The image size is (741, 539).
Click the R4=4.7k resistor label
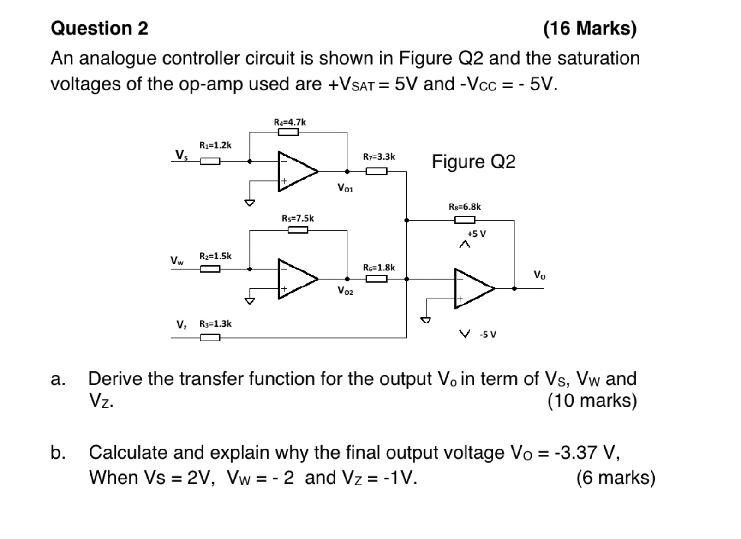coord(289,122)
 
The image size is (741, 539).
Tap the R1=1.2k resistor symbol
coord(209,161)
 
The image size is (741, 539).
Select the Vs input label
coord(181,154)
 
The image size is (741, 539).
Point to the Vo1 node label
coord(345,188)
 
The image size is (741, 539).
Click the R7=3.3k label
coord(379,157)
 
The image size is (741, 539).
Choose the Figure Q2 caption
coord(473,162)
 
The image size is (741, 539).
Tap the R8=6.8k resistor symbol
coord(465,220)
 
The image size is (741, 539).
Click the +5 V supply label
coord(476,234)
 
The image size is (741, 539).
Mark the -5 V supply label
coord(488,334)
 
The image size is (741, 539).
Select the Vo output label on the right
coord(539,275)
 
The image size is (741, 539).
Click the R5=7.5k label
coord(298,218)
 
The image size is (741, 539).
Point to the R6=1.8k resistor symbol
coord(376,279)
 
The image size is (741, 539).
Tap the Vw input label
coord(177,261)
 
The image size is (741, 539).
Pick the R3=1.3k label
coord(215,323)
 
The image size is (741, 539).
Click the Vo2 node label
coord(345,291)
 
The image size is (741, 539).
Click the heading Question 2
coord(99,28)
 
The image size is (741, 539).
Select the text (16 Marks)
coord(590,28)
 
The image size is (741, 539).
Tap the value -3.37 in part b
coord(576,452)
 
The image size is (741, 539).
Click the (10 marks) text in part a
coord(592,401)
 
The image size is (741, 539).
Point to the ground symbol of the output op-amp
coord(426,319)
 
